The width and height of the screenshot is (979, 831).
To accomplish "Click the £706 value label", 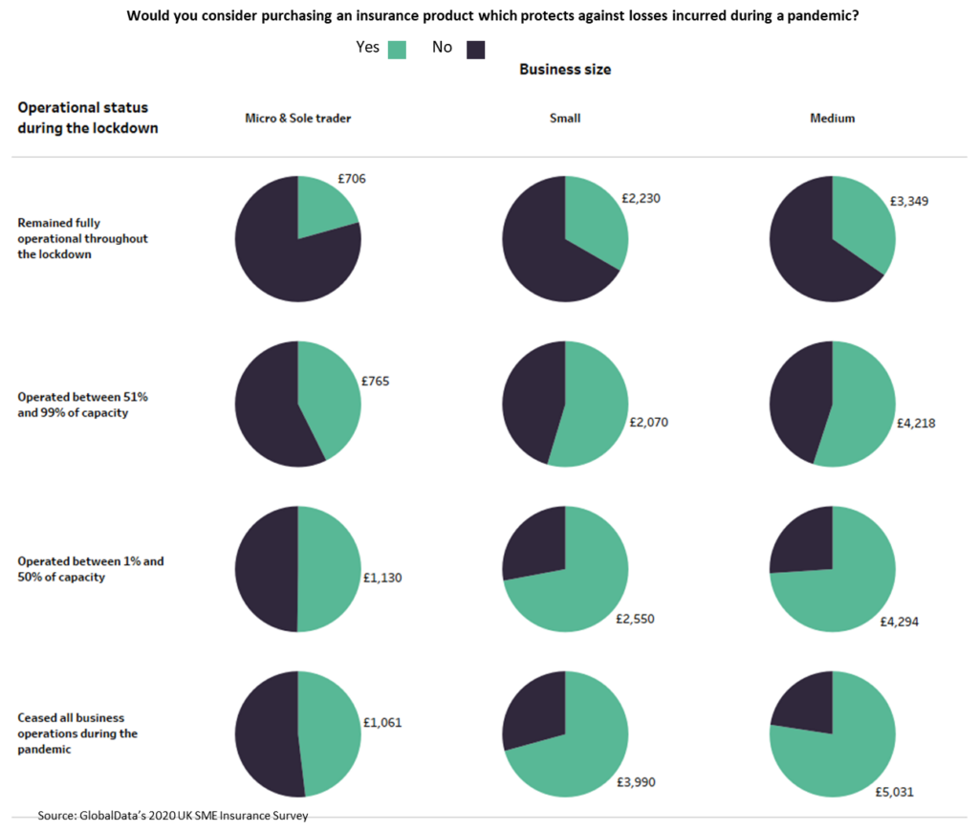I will pyautogui.click(x=352, y=179).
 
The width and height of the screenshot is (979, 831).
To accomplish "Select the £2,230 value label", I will pyautogui.click(x=641, y=199).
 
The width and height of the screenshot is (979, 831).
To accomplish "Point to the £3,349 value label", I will pyautogui.click(x=908, y=201).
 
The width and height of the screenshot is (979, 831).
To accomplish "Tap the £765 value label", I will pyautogui.click(x=375, y=381).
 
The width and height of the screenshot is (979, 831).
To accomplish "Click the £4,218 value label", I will pyautogui.click(x=916, y=423).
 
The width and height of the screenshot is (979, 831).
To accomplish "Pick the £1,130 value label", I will pyautogui.click(x=382, y=578).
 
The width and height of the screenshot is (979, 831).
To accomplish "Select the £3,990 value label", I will pyautogui.click(x=637, y=782).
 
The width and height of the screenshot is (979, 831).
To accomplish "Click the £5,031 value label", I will pyautogui.click(x=894, y=792).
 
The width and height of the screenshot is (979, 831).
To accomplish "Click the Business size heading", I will pyautogui.click(x=565, y=70).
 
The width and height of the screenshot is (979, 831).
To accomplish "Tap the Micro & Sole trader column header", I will pyautogui.click(x=297, y=119).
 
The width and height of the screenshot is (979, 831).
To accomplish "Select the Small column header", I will pyautogui.click(x=565, y=119).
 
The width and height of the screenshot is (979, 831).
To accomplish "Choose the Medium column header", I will pyautogui.click(x=832, y=119).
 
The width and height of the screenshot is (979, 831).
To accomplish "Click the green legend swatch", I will pyautogui.click(x=398, y=50).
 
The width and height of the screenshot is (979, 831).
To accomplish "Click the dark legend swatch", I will pyautogui.click(x=475, y=50).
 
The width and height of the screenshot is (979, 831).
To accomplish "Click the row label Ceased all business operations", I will pyautogui.click(x=77, y=733).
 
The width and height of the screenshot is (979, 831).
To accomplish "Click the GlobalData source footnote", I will pyautogui.click(x=173, y=816).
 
